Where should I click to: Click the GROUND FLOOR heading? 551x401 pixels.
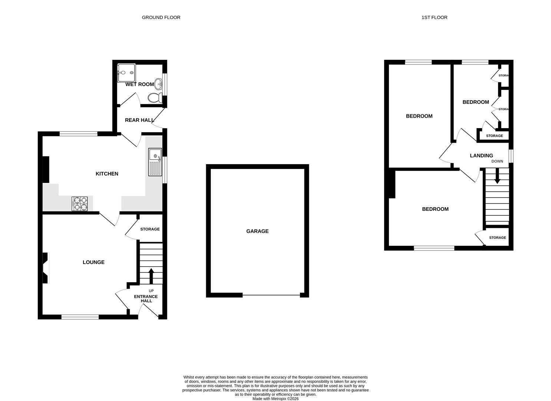pos(161,17)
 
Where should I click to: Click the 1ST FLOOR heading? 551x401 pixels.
pos(434,17)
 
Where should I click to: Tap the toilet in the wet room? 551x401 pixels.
pos(154,98)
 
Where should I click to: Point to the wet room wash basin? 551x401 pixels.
pos(159,84)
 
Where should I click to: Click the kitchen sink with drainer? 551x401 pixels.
pos(155,162)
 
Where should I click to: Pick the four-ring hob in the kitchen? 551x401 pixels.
pos(80,203)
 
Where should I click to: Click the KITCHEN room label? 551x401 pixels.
pos(107,174)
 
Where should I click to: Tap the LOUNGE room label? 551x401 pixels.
pos(93,262)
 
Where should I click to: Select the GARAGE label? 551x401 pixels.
pos(257,231)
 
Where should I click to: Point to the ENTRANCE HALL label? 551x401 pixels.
pos(146,299)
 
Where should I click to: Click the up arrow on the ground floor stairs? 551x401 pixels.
pos(151,276)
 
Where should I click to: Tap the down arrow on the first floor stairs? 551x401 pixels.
pos(497,176)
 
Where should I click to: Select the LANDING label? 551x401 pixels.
pos(481,156)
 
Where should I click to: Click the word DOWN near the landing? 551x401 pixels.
pos(497,162)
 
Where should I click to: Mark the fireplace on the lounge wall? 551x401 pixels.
pos(45,268)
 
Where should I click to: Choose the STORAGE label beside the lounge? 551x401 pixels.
pos(150,229)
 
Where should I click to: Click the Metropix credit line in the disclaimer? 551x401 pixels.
pos(275,399)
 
